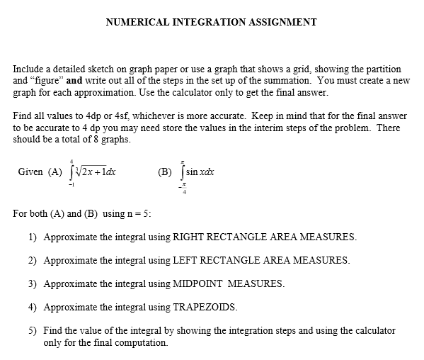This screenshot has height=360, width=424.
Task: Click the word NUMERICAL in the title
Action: click(x=135, y=22)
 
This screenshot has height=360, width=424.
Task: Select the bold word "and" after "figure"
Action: click(x=76, y=81)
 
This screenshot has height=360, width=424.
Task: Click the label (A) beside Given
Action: click(x=55, y=171)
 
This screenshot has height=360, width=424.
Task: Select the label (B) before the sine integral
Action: click(x=164, y=171)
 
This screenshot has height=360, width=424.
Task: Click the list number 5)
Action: click(x=33, y=330)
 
